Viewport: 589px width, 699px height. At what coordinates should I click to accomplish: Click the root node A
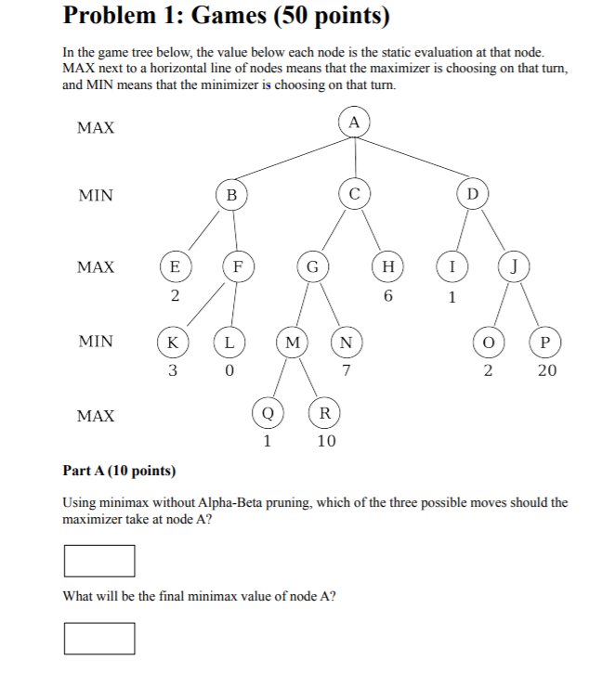354,122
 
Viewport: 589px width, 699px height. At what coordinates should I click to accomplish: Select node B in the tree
231,195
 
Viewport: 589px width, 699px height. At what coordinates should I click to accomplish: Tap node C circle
354,193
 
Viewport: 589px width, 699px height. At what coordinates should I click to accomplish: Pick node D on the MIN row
472,194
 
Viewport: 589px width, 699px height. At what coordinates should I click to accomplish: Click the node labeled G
313,267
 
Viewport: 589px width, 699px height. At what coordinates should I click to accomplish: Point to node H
387,267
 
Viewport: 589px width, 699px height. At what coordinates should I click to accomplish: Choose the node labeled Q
267,412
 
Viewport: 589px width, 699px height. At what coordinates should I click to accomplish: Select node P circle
545,341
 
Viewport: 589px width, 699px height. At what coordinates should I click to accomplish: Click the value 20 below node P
546,371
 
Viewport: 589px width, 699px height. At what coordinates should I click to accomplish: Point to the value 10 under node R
325,442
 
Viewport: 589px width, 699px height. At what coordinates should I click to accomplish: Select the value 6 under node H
388,297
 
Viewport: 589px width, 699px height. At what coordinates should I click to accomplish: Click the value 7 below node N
346,371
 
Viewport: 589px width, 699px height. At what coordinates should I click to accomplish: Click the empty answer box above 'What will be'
99,560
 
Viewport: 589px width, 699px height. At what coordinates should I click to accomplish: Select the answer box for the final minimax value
99,638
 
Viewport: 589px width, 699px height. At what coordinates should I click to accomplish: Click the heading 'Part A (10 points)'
119,472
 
